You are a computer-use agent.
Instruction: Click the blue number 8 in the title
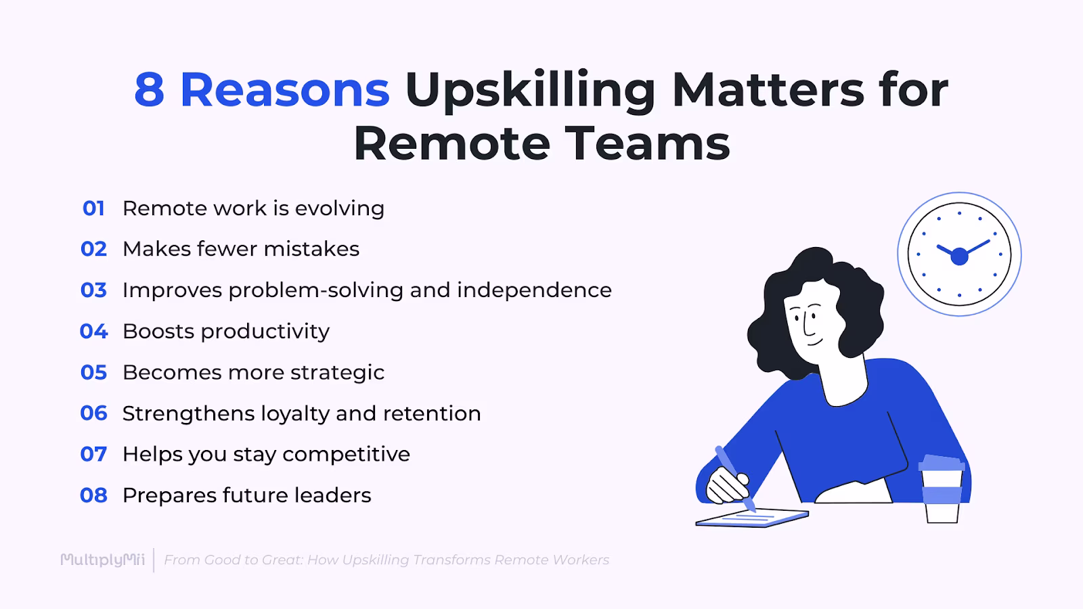149,90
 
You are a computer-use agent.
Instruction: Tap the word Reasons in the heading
284,90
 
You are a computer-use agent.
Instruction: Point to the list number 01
93,208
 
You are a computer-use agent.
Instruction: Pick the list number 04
93,332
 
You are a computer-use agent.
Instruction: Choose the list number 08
93,495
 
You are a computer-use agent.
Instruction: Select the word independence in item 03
534,290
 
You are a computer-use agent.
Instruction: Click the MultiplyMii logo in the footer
102,560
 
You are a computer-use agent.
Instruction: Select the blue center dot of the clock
959,256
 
